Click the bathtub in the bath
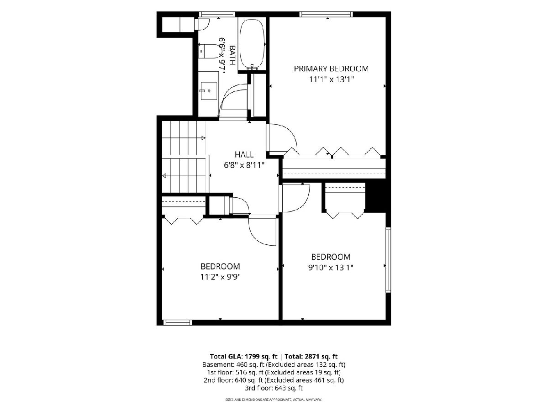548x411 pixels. pos(252,44)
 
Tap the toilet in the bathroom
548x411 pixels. pos(208,52)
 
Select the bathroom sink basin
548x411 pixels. pos(208,91)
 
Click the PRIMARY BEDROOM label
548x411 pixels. pos(331,68)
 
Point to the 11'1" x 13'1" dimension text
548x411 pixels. pos(332,79)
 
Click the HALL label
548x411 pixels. pos(244,154)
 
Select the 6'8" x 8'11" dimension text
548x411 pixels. pos(244,165)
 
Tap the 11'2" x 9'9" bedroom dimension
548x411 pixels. pos(220,277)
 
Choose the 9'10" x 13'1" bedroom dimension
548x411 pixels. pos(331,268)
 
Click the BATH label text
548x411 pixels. pos(232,55)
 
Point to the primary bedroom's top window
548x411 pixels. pos(326,14)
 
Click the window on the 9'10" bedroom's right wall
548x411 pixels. pos(388,260)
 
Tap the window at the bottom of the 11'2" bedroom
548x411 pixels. pos(178,323)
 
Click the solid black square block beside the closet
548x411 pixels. pos(376,198)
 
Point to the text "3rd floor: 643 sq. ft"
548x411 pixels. pos(274,388)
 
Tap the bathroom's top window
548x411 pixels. pos(217,14)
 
